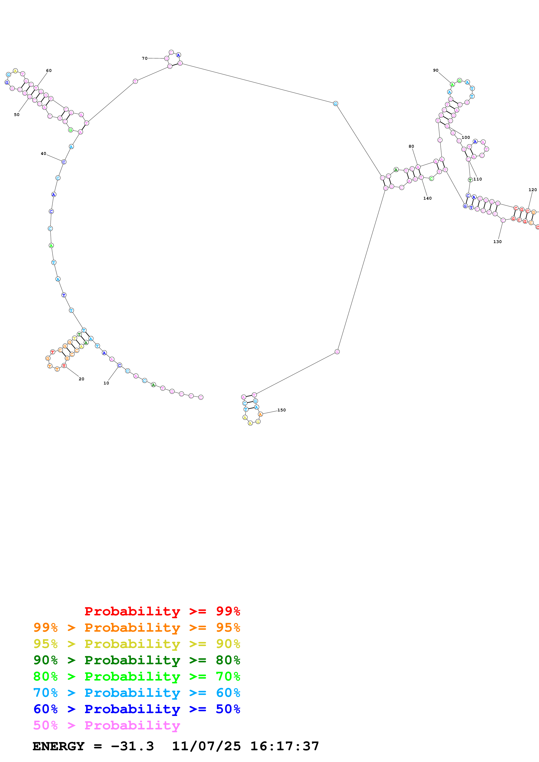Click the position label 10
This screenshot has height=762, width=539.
point(106,383)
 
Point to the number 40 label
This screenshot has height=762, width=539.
point(43,153)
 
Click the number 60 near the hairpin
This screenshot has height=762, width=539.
point(49,70)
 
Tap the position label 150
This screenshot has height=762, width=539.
point(282,410)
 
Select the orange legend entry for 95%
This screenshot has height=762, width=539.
point(137,628)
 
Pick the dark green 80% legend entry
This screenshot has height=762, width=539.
point(137,660)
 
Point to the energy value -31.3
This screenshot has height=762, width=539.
point(132,746)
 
